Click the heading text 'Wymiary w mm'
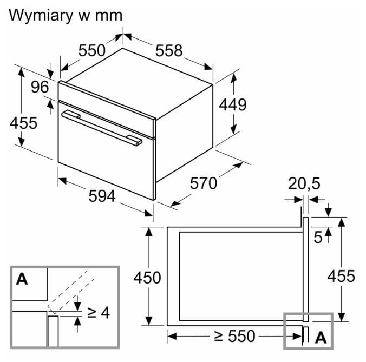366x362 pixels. (66, 16)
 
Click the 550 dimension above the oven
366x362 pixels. (91, 50)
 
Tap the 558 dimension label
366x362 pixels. (169, 50)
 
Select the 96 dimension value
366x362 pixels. (40, 87)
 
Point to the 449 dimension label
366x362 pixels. (233, 104)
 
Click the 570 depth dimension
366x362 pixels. (204, 183)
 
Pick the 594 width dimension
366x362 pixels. (102, 196)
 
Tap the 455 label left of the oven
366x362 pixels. (23, 123)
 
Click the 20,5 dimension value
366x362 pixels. (304, 183)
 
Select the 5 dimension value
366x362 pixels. (318, 238)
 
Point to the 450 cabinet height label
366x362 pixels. (147, 278)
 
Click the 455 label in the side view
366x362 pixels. (341, 276)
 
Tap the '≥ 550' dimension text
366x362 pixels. (234, 336)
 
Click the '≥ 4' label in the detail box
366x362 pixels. (99, 313)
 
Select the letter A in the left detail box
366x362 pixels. (22, 279)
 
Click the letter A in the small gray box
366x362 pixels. (321, 338)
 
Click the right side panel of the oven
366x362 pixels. (185, 134)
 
